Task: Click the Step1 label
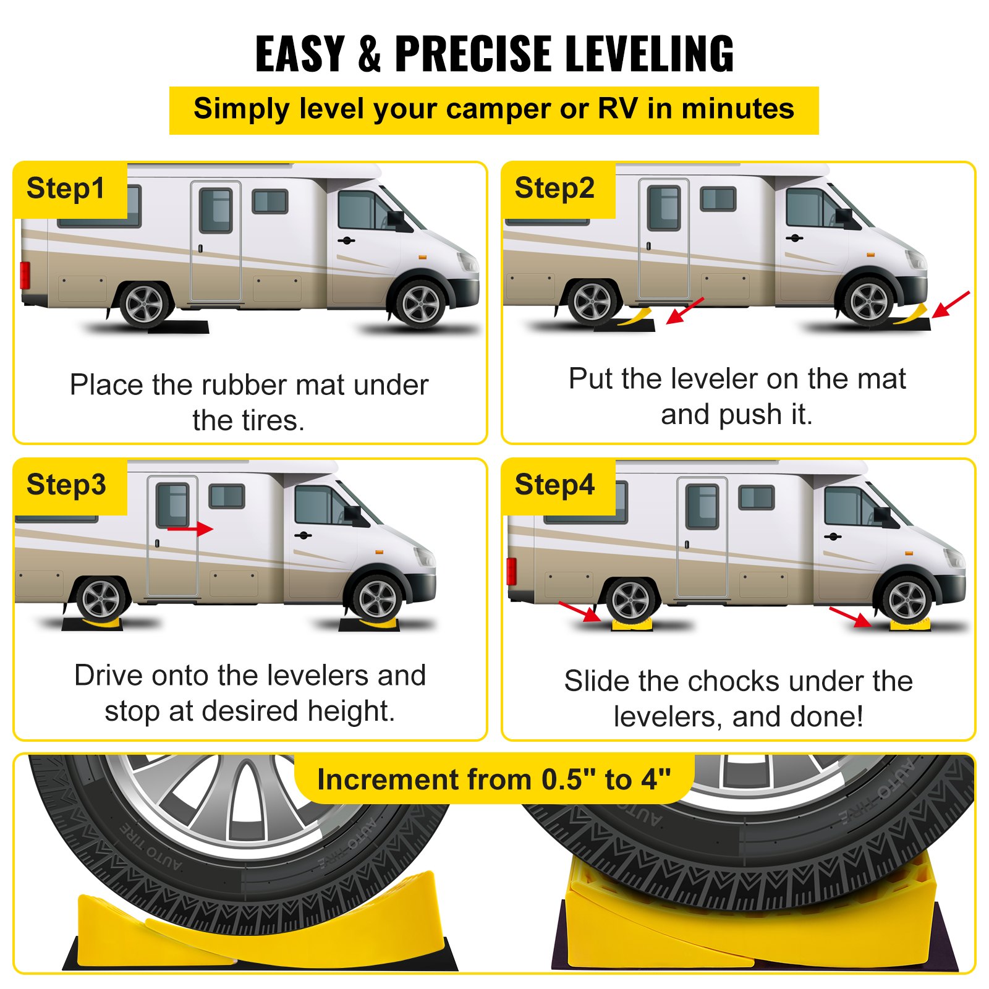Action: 66,189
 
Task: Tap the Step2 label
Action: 554,188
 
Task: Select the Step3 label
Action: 66,485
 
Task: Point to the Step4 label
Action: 554,485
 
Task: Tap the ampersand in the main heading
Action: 369,54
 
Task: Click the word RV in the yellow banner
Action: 618,109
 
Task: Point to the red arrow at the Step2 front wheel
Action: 950,305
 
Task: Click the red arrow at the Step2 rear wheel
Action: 685,311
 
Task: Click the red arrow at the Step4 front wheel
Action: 850,616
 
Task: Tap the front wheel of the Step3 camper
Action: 377,599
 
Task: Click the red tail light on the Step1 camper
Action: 25,275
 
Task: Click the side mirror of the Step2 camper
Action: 844,217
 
